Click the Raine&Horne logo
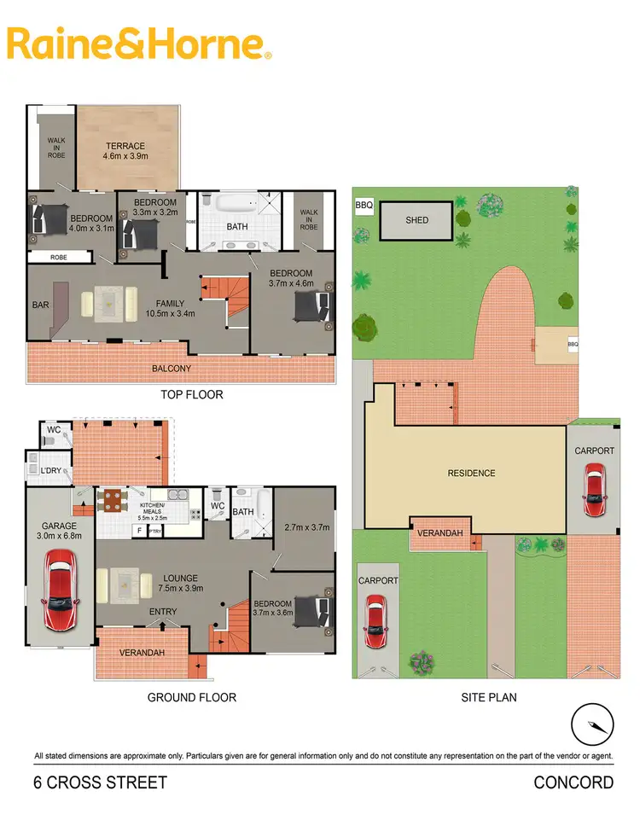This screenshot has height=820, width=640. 139,44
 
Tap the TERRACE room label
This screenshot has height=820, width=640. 125,146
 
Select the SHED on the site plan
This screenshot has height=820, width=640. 416,220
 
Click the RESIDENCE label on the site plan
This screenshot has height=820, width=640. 471,473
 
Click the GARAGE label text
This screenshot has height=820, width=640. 59,526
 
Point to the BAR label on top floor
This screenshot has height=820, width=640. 39,303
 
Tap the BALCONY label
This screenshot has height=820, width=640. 172,369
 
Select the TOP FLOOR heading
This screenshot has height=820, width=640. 192,395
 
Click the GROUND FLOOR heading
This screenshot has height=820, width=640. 191,697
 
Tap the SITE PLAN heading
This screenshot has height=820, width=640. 488,697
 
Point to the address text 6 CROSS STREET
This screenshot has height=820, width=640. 100,782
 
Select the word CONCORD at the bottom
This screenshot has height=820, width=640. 573,782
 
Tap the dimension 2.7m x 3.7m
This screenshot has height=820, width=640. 305,528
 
